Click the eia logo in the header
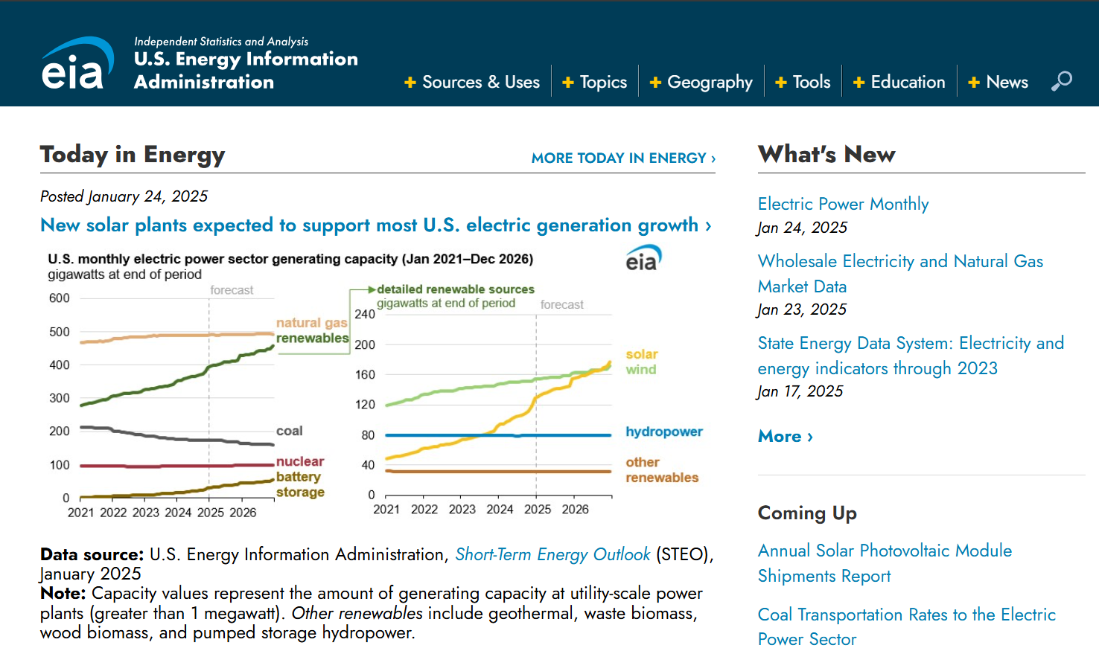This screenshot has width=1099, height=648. pos(77,64)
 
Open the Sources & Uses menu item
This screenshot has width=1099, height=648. pos(472,82)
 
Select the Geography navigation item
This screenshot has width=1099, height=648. pos(701,82)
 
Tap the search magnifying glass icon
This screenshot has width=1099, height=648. pos(1062,80)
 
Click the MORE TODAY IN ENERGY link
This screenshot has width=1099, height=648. pos(623,158)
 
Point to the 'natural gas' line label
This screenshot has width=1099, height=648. pos(311,323)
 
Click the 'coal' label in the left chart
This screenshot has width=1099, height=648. pos(289,431)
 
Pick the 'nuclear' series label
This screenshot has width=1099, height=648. pos(300,461)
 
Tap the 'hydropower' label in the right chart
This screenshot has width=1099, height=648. pos(663,432)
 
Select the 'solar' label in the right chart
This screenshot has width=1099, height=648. pos(641,354)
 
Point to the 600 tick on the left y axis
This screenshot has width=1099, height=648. pos(60,298)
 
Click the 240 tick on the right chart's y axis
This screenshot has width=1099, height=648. pos(365,315)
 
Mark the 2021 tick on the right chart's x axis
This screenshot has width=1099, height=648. pos(386,510)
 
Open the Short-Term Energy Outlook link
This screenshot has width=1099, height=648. pos(552,554)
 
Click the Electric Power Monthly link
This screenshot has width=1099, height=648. pos(843,204)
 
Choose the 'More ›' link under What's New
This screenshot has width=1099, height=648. pos(785,436)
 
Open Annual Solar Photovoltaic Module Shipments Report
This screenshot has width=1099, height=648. pos(885,562)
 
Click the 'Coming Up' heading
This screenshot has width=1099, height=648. pos(807,513)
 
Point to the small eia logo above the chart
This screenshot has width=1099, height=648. pos(643,258)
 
